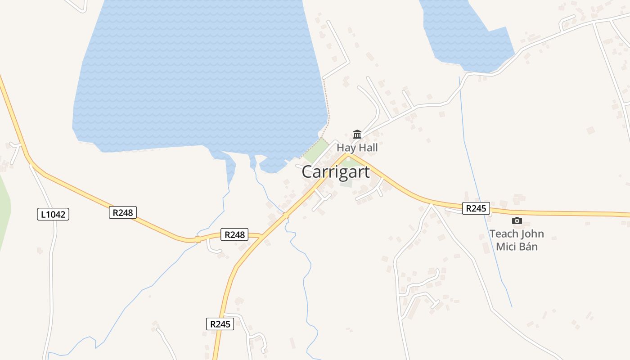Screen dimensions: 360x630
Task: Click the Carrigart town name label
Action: pos(336,172)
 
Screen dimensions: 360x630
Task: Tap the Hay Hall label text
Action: pos(357,148)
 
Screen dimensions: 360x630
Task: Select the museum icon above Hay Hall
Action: pos(357,134)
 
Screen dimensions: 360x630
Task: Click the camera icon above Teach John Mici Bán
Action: pos(517,220)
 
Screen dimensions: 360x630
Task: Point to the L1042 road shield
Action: pos(53,214)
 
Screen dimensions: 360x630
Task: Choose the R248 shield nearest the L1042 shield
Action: pos(122,212)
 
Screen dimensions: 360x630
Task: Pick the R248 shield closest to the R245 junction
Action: pos(234,234)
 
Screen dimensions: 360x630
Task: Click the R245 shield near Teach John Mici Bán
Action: pos(476,208)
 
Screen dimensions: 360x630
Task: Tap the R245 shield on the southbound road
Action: pos(220,324)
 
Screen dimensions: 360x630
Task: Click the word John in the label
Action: pos(532,234)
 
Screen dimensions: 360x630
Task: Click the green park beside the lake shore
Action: pos(317,151)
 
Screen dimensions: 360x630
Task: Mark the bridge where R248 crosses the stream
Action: pos(198,239)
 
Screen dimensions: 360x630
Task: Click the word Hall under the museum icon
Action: pos(368,148)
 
